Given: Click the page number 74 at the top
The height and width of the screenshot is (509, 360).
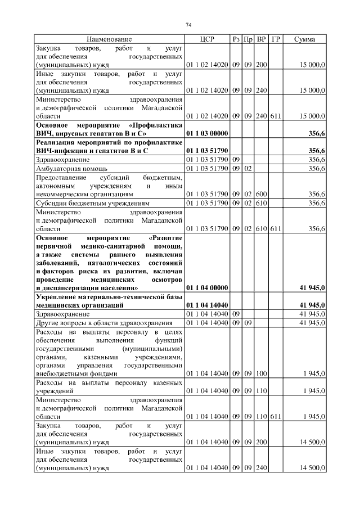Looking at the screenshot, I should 188,25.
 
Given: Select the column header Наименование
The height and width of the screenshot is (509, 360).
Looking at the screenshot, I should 109,39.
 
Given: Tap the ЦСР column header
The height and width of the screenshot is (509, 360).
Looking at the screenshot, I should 206,39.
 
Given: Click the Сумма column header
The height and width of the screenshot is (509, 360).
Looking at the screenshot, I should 304,39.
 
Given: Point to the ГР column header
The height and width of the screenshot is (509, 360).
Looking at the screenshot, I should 276,39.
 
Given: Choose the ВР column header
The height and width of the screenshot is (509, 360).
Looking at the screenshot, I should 261,39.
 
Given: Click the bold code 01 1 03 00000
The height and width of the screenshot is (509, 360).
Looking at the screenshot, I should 206,134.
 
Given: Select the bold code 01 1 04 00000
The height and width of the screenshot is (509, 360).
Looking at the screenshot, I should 206,288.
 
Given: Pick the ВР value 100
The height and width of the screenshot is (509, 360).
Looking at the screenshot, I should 261,373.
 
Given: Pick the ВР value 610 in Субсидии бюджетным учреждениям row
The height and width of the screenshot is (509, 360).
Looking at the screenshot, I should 261,203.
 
